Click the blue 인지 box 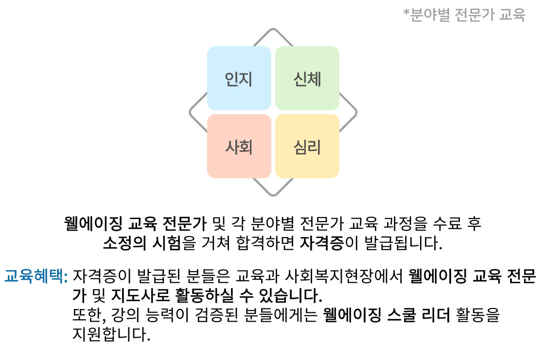pos(239,78)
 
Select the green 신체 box pos(307,78)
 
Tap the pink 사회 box pos(239,146)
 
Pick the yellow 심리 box pos(307,146)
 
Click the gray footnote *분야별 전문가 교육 pos(464,15)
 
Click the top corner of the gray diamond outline pos(273,30)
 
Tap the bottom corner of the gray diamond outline pos(273,195)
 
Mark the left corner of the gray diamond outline pos(191,113)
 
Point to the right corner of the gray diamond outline pos(355,113)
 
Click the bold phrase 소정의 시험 pos(141,243)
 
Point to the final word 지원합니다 pos(111,334)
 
